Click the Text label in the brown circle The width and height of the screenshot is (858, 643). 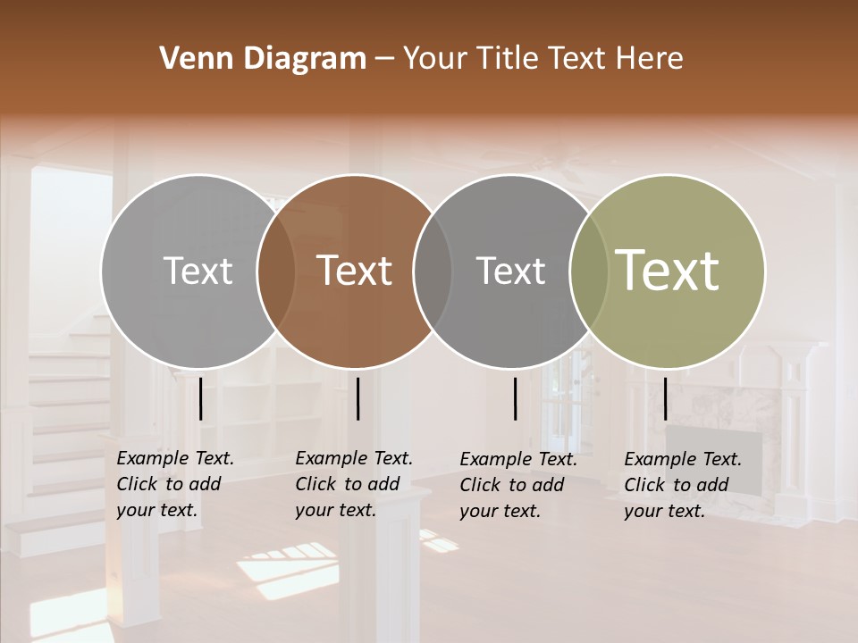(355, 271)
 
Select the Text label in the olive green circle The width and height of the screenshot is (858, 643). (668, 270)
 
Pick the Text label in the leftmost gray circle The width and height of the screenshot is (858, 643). (198, 271)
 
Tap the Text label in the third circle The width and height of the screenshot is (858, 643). (510, 271)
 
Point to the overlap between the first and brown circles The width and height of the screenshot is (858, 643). (276, 271)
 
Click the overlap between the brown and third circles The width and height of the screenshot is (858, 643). (433, 271)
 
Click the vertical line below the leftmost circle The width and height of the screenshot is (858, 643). (201, 398)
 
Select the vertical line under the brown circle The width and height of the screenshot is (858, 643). (357, 398)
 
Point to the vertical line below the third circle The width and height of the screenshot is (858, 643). (516, 398)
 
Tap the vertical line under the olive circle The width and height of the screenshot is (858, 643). (665, 398)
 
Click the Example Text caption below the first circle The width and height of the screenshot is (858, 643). (174, 484)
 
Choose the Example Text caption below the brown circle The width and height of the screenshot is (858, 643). (353, 484)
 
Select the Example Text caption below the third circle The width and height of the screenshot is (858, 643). (517, 485)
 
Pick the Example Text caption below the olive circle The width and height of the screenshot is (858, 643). (682, 485)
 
